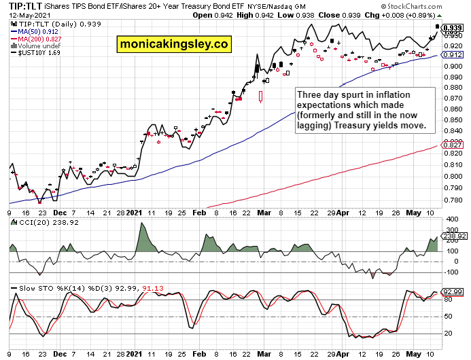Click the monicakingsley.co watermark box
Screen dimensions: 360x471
point(174,45)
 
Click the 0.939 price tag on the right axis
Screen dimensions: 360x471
point(453,28)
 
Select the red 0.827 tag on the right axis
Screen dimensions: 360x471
point(452,145)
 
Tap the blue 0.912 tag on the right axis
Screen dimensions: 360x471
point(452,54)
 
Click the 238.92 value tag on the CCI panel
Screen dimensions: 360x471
point(453,236)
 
